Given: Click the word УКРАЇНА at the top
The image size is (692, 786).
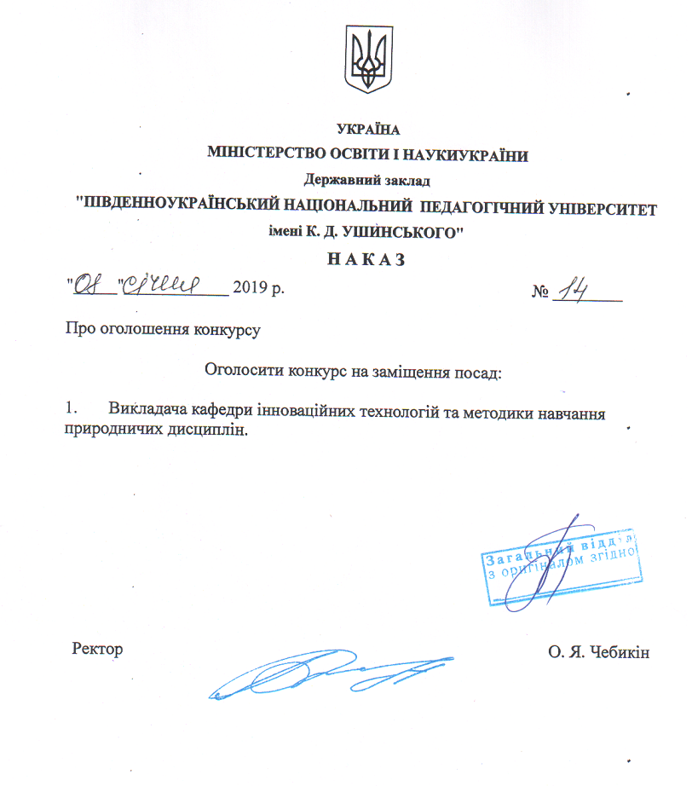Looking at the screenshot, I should [x=368, y=130].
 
